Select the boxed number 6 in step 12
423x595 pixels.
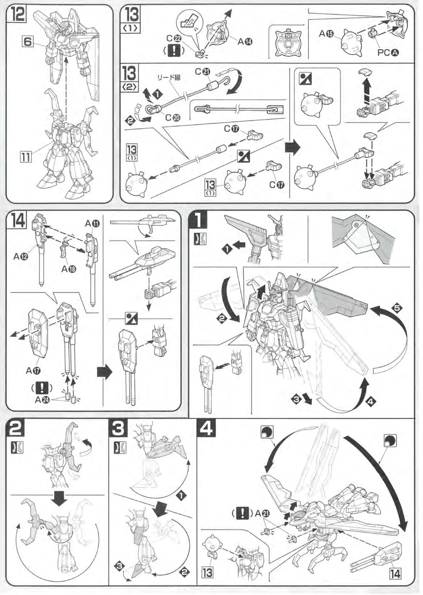click(27, 41)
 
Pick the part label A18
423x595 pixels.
click(69, 269)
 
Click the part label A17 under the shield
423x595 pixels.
click(34, 370)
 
